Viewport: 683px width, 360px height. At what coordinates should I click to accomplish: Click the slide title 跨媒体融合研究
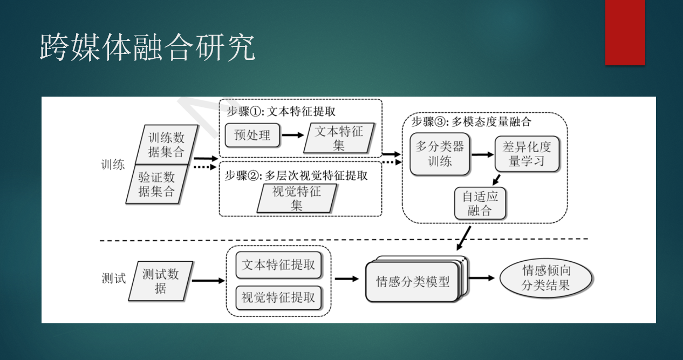(x=147, y=47)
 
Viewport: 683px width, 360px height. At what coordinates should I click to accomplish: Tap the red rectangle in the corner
(x=625, y=32)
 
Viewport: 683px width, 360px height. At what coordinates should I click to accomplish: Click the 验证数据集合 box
(x=157, y=184)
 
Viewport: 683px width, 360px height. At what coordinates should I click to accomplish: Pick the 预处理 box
(x=252, y=135)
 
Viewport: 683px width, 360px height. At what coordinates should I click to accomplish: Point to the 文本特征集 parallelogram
(x=339, y=138)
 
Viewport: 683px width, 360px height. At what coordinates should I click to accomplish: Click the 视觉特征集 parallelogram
(x=297, y=198)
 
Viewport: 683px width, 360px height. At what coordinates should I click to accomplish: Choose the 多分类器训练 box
(x=440, y=153)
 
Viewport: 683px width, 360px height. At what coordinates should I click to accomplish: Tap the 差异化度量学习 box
(x=527, y=154)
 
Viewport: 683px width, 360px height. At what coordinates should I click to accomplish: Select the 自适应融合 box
(x=480, y=203)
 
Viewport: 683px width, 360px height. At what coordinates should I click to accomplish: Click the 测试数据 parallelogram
(x=161, y=281)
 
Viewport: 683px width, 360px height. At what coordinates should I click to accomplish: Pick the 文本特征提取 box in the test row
(x=278, y=265)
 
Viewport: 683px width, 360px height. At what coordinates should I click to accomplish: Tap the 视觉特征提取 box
(x=278, y=297)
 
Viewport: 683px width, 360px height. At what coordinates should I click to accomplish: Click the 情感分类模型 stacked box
(x=413, y=281)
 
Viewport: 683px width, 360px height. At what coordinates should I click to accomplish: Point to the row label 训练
(x=113, y=165)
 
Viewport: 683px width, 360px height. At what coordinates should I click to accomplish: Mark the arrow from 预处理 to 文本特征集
(x=293, y=135)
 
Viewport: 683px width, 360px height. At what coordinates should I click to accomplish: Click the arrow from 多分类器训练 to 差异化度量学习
(x=482, y=154)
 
